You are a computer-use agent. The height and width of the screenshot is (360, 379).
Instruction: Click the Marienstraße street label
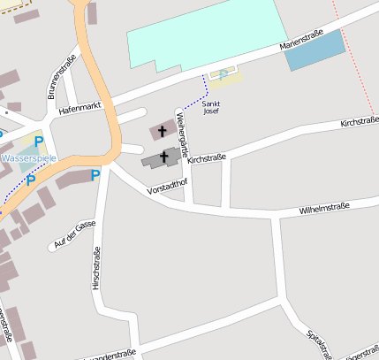301,41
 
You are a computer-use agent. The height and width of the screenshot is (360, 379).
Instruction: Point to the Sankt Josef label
211,108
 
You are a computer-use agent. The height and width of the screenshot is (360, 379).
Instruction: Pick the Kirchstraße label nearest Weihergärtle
208,158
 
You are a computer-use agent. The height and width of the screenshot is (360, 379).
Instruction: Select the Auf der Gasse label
74,234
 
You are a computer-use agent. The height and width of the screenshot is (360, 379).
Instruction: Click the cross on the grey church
163,157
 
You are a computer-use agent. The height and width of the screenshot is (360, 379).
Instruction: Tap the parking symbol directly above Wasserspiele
38,141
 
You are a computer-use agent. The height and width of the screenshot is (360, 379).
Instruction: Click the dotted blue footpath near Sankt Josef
206,86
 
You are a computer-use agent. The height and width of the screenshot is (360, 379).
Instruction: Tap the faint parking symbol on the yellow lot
224,74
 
